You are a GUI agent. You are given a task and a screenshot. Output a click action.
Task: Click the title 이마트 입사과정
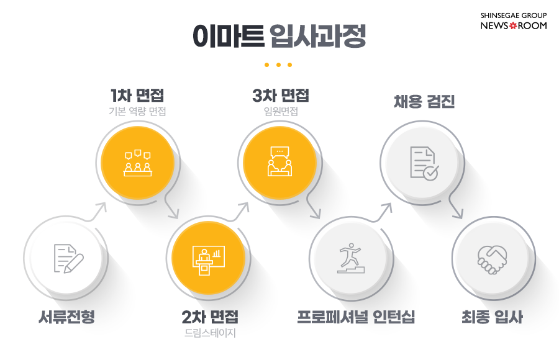(279, 35)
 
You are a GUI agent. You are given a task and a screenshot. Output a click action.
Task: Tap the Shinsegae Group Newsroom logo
(514, 21)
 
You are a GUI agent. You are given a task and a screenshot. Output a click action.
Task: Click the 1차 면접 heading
(137, 95)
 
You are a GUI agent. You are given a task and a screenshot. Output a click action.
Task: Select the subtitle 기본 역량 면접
(137, 111)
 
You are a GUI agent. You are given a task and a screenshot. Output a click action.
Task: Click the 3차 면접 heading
(281, 95)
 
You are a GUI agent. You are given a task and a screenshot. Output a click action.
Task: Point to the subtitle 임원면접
(281, 111)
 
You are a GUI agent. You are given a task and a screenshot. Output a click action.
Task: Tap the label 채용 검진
(424, 101)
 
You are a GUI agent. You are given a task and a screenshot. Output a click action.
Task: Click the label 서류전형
(66, 317)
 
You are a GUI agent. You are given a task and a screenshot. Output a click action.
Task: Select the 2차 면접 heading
(210, 317)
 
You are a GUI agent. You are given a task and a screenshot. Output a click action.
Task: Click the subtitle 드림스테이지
(210, 333)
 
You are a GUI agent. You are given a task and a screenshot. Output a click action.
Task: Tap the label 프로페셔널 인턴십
(356, 317)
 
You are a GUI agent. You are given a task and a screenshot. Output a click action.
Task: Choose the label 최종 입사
(492, 317)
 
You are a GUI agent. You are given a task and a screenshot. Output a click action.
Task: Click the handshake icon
(493, 259)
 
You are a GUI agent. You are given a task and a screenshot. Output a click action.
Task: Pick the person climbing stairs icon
(351, 258)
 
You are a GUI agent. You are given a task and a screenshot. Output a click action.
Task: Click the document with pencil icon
(68, 258)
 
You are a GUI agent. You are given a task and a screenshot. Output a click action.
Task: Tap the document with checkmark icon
(424, 163)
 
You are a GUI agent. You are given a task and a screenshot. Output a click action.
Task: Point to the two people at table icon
(280, 161)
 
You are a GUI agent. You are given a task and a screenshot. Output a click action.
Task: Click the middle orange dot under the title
(278, 65)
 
